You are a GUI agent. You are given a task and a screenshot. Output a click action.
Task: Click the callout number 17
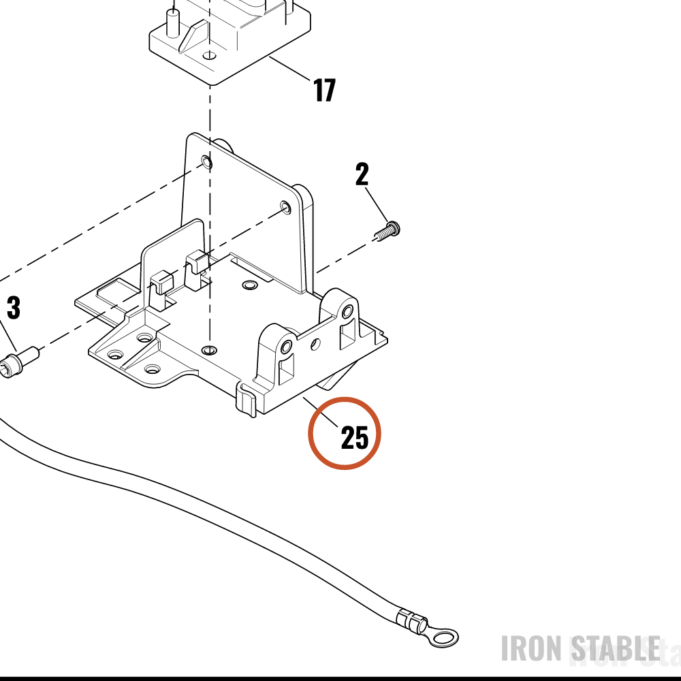pos(324,90)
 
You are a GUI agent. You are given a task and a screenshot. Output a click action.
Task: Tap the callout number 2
pos(362,174)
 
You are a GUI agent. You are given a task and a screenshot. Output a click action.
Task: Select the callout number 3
pos(14,308)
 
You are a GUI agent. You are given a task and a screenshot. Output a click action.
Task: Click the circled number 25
pos(354,437)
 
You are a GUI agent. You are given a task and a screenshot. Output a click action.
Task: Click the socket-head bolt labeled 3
pos(20,362)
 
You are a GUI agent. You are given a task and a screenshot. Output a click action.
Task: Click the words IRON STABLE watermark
pos(581,648)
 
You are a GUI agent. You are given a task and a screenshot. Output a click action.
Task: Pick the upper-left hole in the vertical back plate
pos(207,163)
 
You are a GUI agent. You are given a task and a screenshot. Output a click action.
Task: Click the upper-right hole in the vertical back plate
pos(285,206)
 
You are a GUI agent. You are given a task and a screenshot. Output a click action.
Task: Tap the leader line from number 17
pos(289,68)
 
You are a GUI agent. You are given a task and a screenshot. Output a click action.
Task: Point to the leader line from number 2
pos(376,204)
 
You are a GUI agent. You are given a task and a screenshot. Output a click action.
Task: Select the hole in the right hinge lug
pos(347,312)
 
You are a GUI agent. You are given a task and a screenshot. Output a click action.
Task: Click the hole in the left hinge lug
pos(286,347)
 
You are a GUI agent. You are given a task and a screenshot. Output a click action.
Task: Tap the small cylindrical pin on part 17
pos(173,22)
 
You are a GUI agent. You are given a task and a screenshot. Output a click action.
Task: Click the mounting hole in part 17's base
pos(210,56)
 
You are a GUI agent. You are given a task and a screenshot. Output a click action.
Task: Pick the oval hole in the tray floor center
pos(249,285)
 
